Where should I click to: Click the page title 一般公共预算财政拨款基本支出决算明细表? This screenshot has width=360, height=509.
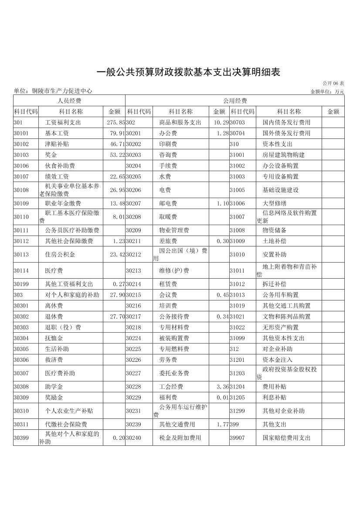pyautogui.click(x=187, y=72)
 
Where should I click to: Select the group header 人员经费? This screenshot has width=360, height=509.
pyautogui.click(x=69, y=101)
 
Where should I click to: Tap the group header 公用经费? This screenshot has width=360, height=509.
pyautogui.click(x=235, y=101)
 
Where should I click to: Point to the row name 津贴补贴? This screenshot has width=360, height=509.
pyautogui.click(x=57, y=144)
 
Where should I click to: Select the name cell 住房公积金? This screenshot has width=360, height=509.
pyautogui.click(x=60, y=254)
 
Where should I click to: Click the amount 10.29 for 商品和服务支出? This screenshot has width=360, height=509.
pyautogui.click(x=221, y=123)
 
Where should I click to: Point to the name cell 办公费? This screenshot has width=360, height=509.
pyautogui.click(x=168, y=133)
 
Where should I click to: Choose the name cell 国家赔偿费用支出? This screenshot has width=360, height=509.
pyautogui.click(x=286, y=438)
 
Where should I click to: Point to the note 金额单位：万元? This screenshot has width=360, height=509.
pyautogui.click(x=327, y=91)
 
